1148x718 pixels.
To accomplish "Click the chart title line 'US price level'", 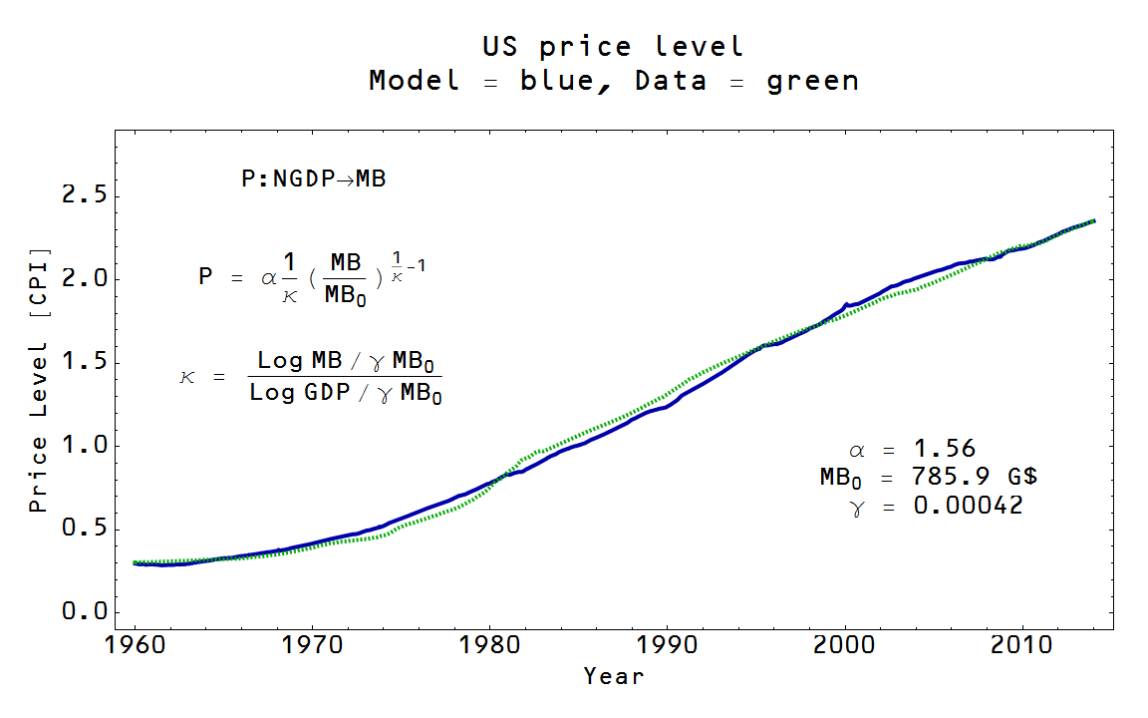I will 613,47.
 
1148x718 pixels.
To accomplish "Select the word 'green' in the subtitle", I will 812,81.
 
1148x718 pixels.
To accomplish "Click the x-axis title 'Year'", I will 614,676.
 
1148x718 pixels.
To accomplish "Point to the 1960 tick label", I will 135,644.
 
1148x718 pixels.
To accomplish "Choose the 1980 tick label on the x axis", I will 489,644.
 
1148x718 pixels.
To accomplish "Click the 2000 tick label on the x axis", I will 845,644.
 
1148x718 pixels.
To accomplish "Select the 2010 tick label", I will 1022,644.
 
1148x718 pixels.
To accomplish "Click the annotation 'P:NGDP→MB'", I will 313,179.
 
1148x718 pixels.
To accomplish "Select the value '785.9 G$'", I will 968,477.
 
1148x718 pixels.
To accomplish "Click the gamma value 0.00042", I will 968,506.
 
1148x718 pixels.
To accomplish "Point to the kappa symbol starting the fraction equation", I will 188,378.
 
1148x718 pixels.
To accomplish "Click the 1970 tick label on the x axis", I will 312,644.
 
